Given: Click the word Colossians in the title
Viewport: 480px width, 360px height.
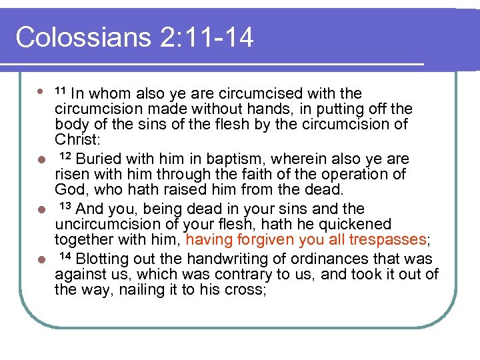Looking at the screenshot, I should pos(83,37).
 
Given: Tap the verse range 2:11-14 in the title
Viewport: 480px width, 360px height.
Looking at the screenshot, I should pos(207,37).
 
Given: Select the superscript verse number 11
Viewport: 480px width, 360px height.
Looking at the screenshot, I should pos(60,90).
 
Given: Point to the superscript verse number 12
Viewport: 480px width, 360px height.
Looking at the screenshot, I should pos(65,156).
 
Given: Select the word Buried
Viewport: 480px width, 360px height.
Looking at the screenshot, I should pos(98,159).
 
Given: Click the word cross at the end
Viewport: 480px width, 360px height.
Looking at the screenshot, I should pos(246,289).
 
